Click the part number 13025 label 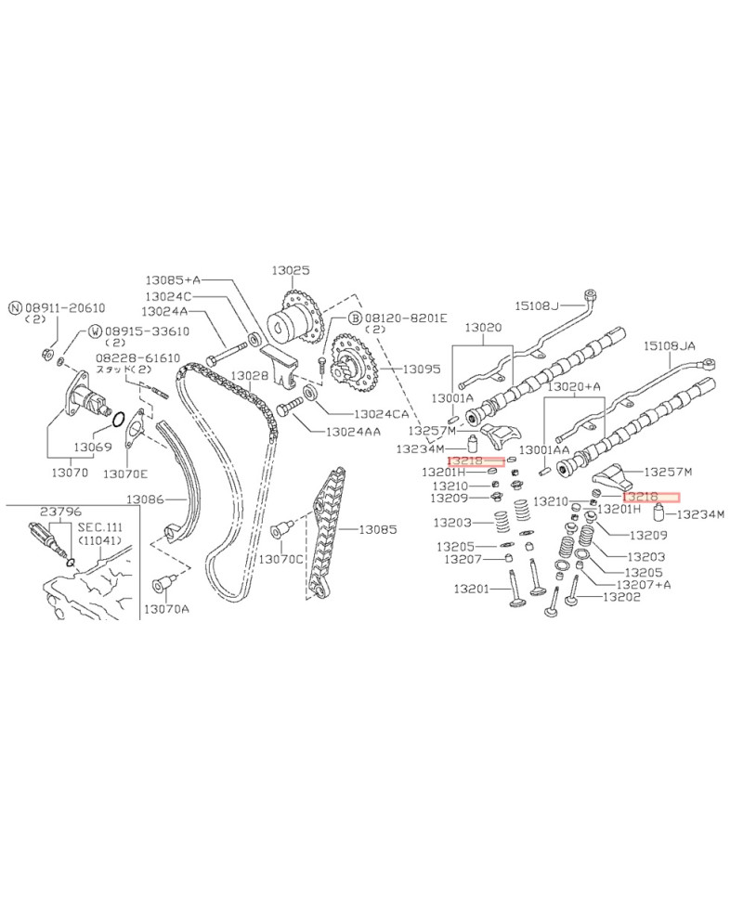[x=290, y=270]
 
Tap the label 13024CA [x=380, y=413]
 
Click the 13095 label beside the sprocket [x=421, y=369]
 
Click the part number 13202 [x=621, y=597]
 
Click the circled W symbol [x=95, y=331]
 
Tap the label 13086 [x=146, y=499]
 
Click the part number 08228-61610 [x=137, y=357]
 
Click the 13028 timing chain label [x=249, y=374]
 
